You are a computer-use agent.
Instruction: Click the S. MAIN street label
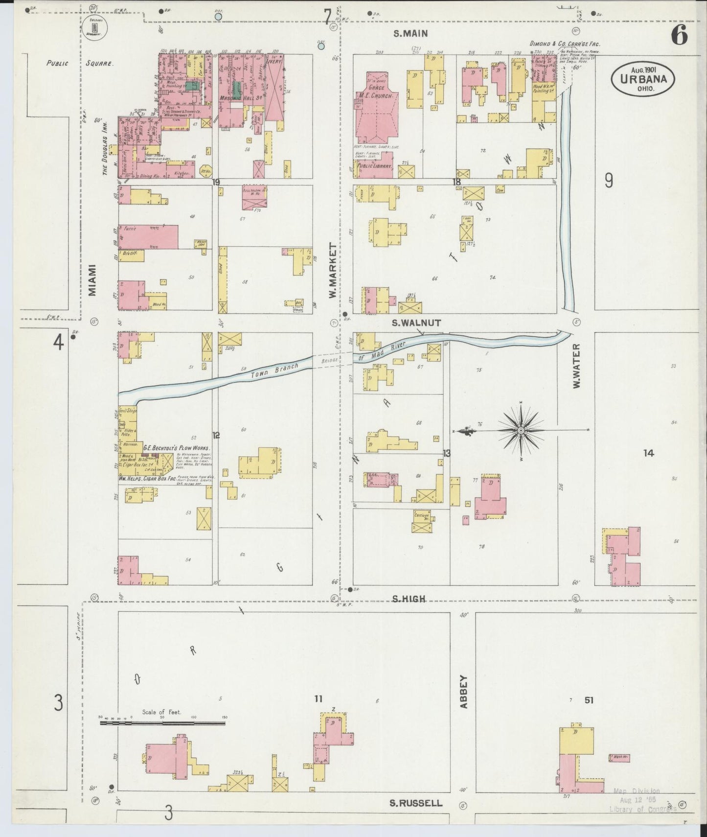[x=411, y=33]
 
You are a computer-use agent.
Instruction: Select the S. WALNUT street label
[x=416, y=323]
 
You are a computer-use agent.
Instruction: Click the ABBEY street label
[x=464, y=692]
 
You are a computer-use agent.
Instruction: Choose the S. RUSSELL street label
[x=416, y=803]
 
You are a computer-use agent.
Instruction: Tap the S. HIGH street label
[x=409, y=599]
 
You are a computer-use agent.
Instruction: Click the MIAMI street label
[x=92, y=280]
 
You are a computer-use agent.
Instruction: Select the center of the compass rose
[x=521, y=430]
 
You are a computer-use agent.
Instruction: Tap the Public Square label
[x=80, y=63]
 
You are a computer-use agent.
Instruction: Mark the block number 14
[x=648, y=453]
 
